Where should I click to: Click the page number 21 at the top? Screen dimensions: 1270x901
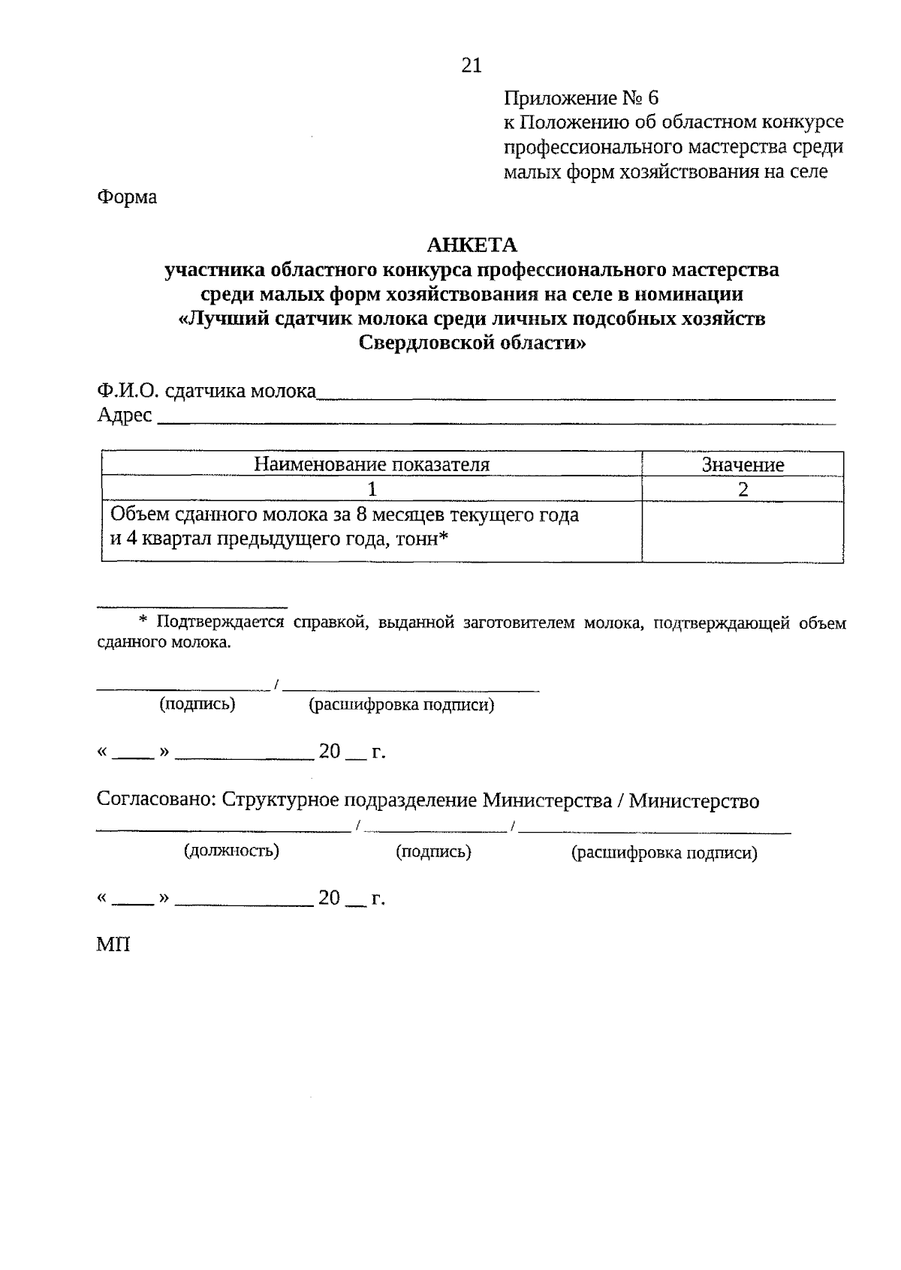[471, 66]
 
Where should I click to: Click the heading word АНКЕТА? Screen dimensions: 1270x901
[472, 245]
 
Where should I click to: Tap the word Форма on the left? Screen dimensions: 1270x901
[127, 197]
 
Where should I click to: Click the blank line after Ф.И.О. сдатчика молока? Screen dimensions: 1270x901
[574, 394]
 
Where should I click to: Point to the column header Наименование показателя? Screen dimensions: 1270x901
[371, 464]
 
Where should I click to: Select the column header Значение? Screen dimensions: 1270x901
[742, 464]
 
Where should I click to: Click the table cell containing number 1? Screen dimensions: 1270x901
[371, 489]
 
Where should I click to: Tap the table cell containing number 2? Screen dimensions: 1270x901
[743, 489]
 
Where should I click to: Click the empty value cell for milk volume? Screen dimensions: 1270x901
[742, 531]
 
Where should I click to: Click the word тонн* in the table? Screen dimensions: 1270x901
[418, 540]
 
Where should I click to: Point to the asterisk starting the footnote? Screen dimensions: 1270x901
[145, 622]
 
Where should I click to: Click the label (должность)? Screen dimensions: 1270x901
[232, 851]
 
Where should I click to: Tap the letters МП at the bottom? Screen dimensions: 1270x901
[113, 944]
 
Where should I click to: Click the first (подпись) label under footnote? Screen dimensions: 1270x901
[197, 704]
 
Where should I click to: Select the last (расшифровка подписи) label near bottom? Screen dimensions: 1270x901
[664, 853]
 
